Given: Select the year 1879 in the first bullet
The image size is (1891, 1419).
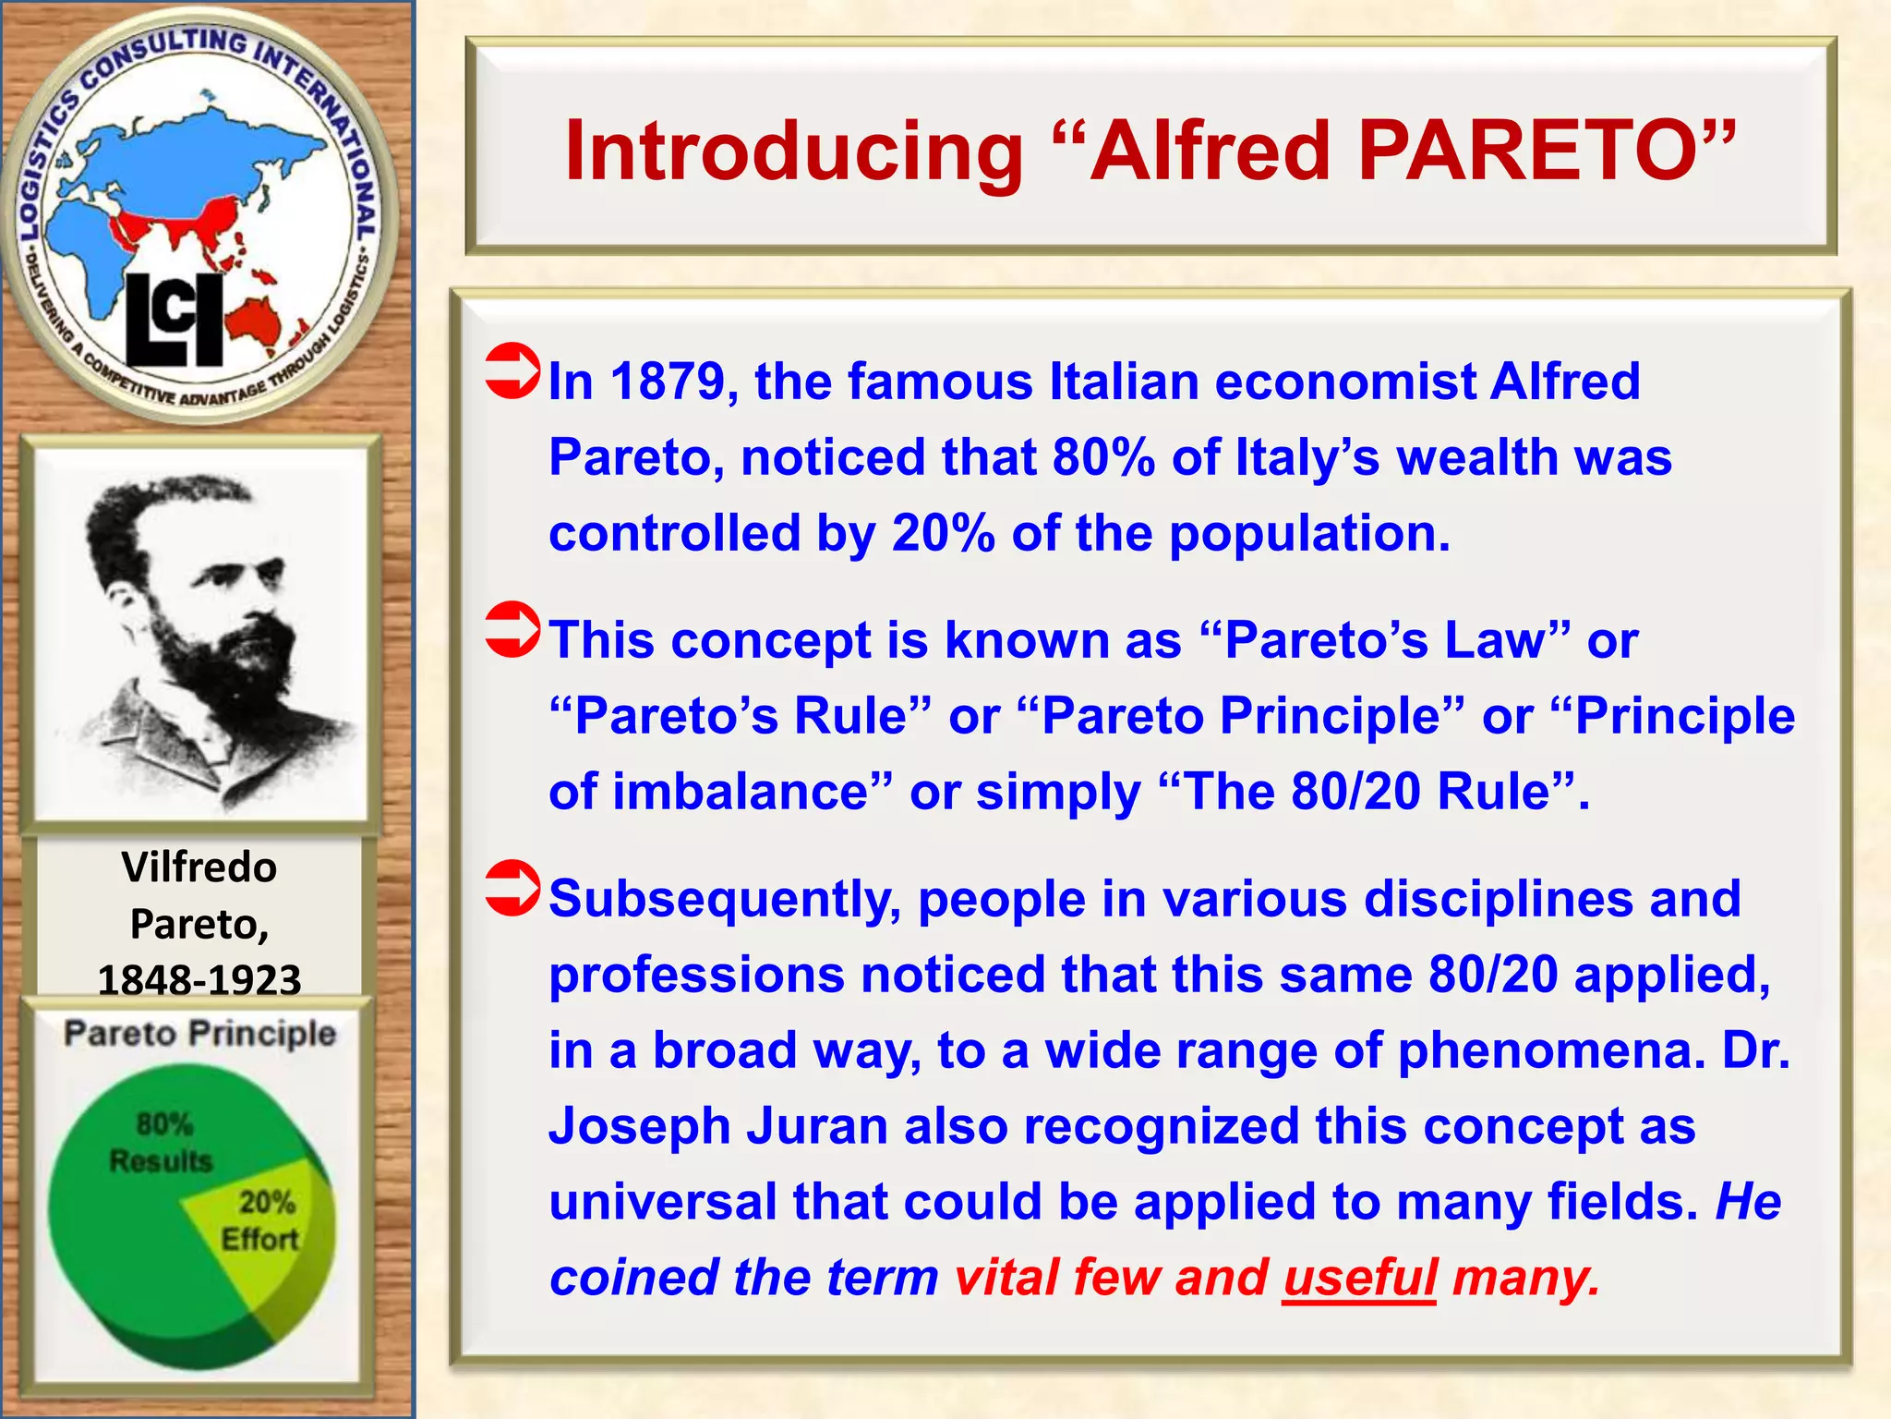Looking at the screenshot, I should click(x=668, y=382).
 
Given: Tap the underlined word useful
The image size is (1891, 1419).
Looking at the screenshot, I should click(x=1359, y=1278).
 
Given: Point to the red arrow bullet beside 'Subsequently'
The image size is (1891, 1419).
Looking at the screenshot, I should click(x=512, y=888).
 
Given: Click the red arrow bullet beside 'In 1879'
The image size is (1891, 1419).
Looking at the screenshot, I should click(x=512, y=370).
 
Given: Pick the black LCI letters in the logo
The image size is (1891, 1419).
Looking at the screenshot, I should click(x=175, y=320).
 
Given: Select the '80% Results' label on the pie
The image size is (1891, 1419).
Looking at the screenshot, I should click(x=162, y=1143).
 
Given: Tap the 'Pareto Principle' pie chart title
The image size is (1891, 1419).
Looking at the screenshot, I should click(x=199, y=1034).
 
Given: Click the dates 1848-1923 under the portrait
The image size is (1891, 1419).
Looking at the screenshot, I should click(x=199, y=979).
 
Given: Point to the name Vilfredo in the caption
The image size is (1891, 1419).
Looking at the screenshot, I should click(x=199, y=867).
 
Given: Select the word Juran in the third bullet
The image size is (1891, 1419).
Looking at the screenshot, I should click(x=817, y=1126).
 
